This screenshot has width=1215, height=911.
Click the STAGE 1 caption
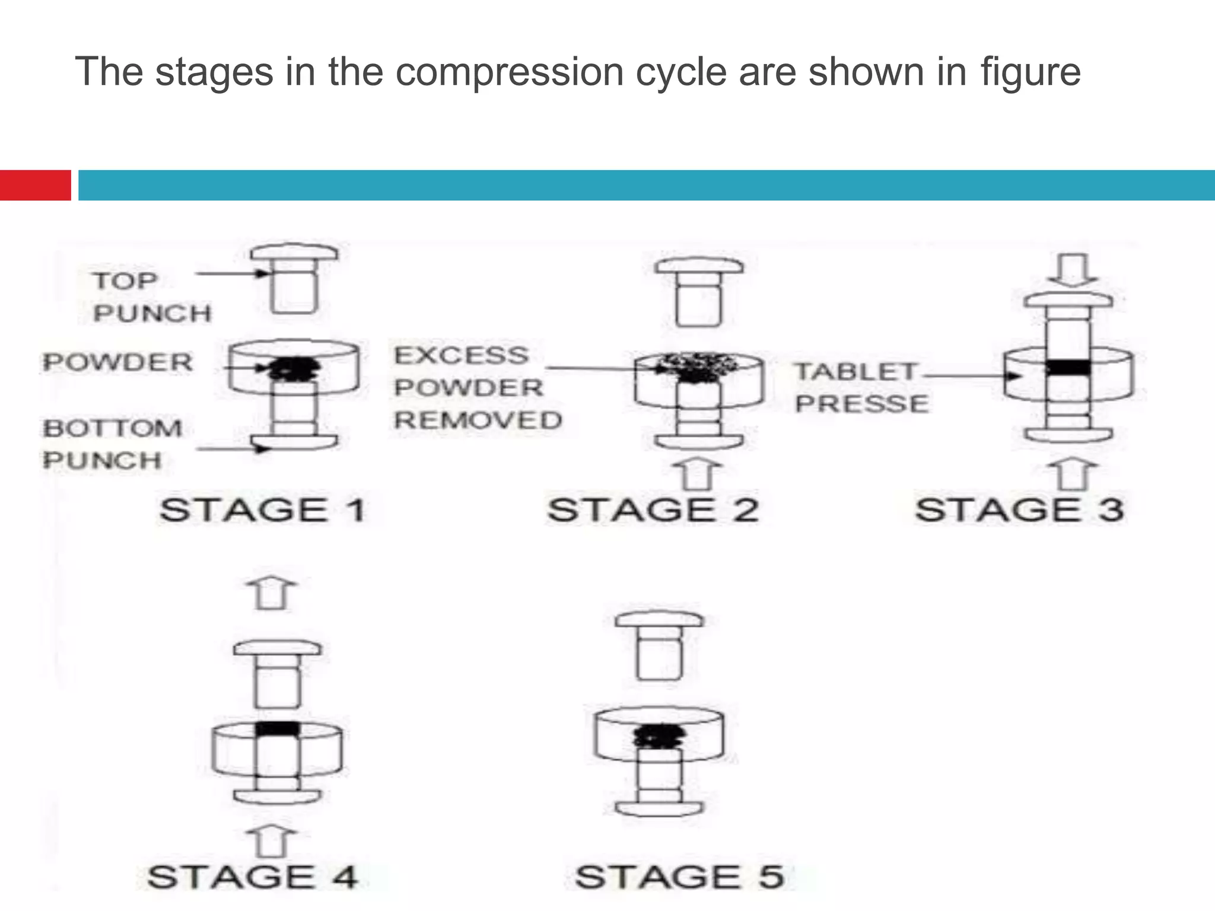[x=263, y=510]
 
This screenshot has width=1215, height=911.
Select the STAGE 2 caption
[x=653, y=510]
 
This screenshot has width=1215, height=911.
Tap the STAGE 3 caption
[x=1019, y=510]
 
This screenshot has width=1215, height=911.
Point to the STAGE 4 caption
[x=253, y=877]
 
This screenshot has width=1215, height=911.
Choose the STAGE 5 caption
[x=680, y=877]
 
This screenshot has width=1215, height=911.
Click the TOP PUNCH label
[x=151, y=297]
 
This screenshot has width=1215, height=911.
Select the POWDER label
[x=118, y=362]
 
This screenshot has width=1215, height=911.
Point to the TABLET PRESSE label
[x=861, y=388]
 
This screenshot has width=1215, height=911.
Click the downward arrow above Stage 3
[x=1073, y=270]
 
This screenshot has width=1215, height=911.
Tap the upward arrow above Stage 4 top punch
[x=272, y=593]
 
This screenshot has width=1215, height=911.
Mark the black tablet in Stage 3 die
[x=1068, y=368]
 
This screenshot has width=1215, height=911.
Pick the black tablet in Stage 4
[x=277, y=728]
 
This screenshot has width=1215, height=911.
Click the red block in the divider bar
[x=35, y=185]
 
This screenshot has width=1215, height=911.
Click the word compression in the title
[x=509, y=72]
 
